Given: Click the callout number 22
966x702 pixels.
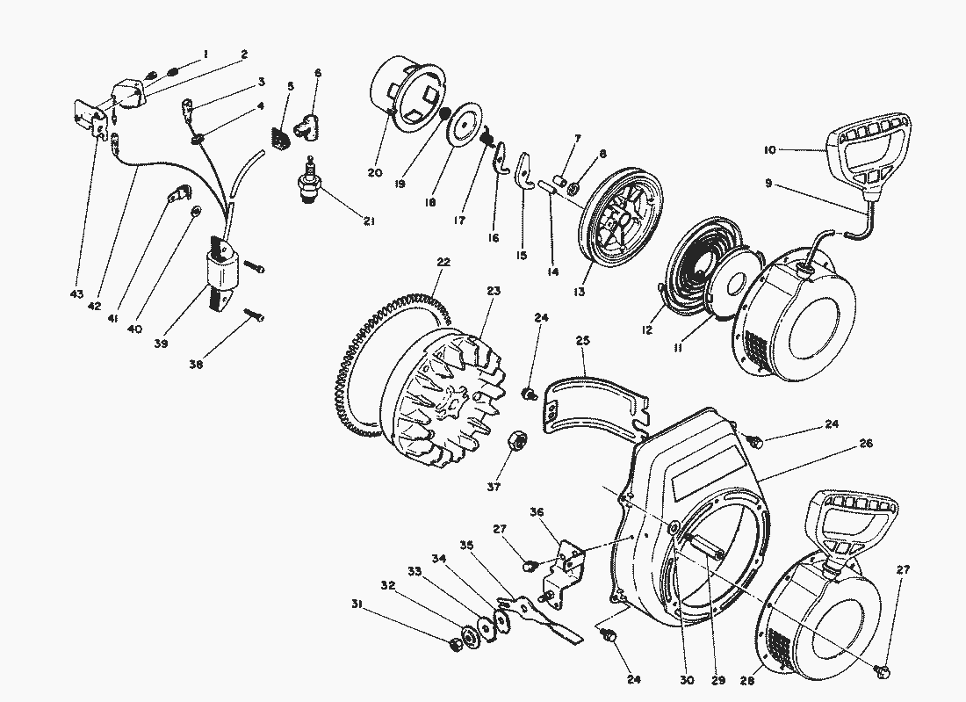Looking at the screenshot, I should [443, 263].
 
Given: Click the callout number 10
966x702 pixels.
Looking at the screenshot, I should [769, 151].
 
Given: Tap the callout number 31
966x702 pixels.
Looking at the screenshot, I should [357, 604].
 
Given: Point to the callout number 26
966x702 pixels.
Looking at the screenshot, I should [866, 445].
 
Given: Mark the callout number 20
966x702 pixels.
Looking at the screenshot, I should [375, 172].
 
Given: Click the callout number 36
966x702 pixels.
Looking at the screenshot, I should [537, 511].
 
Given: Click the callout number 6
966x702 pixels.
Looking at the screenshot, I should [318, 73].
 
